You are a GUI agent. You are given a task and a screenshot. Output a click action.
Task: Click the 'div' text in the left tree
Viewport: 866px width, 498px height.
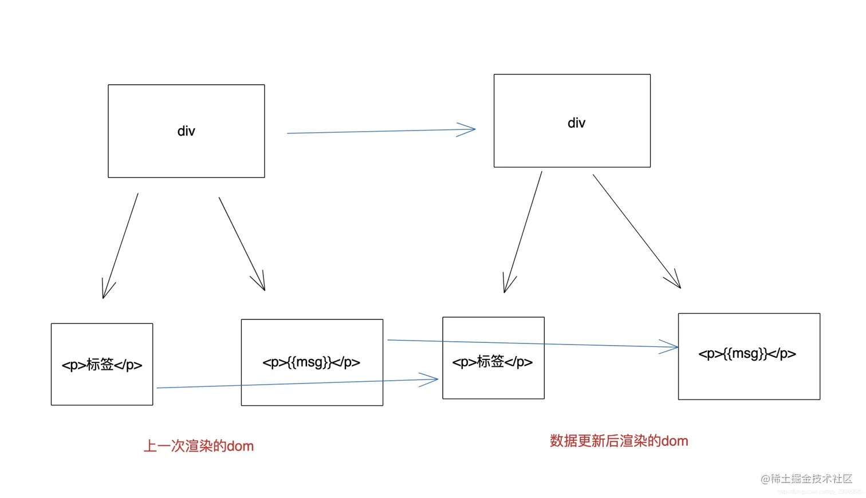(x=186, y=131)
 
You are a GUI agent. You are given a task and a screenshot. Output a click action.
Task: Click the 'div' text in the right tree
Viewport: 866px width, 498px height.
(x=576, y=123)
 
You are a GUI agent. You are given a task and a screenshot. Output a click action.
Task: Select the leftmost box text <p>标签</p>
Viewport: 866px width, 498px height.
(x=102, y=365)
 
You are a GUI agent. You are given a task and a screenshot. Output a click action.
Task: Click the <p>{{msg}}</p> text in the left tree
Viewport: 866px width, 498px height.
(x=312, y=362)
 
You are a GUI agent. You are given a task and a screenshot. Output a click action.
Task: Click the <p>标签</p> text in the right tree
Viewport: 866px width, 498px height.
(x=493, y=362)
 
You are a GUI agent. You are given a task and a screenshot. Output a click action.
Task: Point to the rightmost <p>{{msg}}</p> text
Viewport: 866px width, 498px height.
(x=747, y=354)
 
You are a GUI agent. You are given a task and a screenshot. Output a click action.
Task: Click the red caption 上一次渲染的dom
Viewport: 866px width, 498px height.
(x=198, y=446)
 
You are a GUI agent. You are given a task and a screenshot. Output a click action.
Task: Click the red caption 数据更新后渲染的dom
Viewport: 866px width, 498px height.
(x=619, y=441)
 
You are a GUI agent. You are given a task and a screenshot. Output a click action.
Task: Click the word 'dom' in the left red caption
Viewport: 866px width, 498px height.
(x=240, y=446)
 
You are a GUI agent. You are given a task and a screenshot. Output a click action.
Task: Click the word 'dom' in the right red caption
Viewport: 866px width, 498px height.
(x=675, y=441)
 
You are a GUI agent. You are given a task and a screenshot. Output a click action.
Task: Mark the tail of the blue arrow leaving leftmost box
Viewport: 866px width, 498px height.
(x=159, y=388)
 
